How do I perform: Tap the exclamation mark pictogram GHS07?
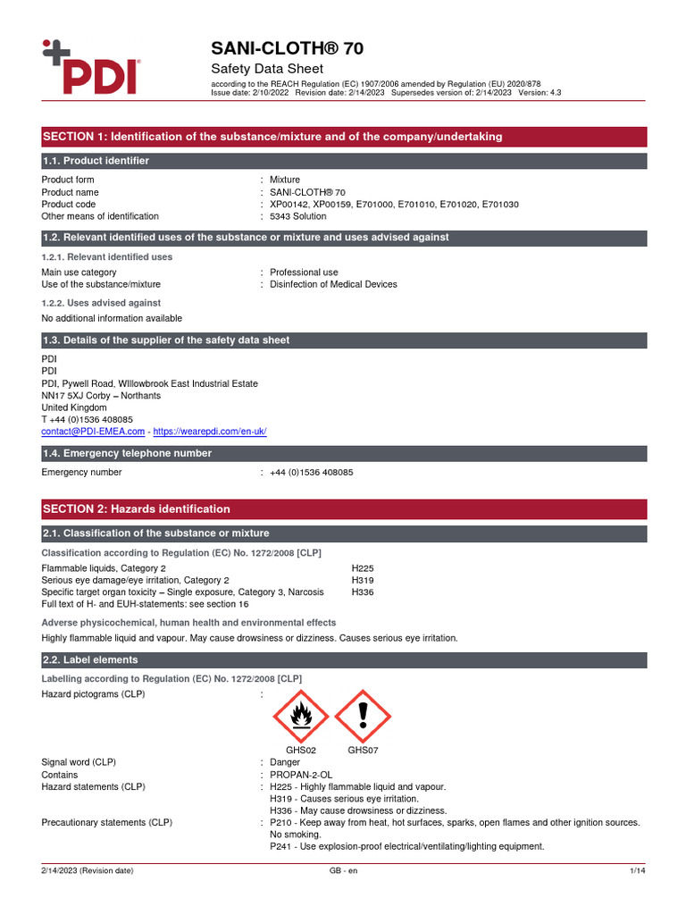coord(363,716)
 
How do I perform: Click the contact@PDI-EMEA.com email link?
coord(93,432)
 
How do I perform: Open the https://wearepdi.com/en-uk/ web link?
coord(210,432)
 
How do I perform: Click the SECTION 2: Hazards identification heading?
coord(136,509)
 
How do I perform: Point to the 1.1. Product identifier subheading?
coord(96,161)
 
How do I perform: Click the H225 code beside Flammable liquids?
coord(363,568)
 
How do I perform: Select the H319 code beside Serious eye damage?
coord(363,580)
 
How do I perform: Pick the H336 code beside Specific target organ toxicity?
coord(363,592)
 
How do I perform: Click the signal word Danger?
coord(285,762)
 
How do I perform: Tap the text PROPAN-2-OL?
coord(301,775)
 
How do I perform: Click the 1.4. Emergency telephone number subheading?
coord(128,454)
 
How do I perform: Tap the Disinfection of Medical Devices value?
coord(333,284)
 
